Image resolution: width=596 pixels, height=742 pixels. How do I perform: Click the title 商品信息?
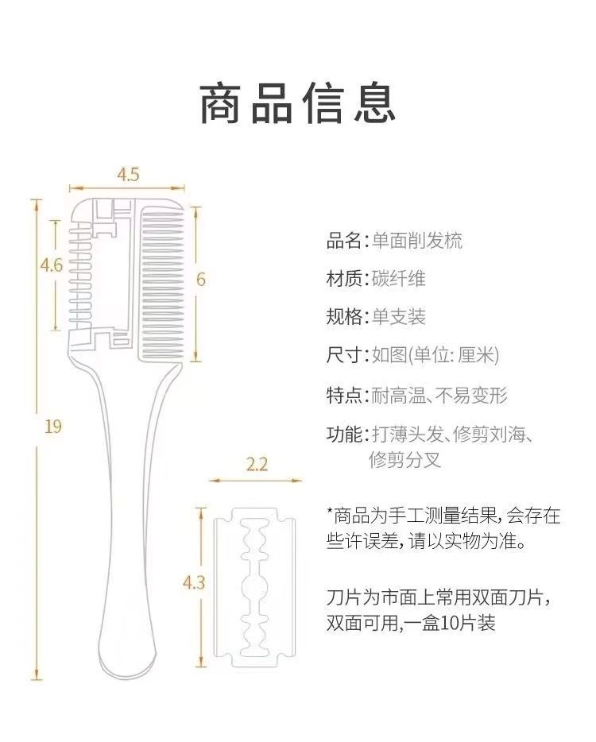click(x=297, y=103)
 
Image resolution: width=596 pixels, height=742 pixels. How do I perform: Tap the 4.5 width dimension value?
click(x=128, y=175)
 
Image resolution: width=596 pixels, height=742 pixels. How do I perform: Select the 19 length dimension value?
click(x=53, y=427)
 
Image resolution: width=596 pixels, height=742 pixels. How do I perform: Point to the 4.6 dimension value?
click(x=52, y=265)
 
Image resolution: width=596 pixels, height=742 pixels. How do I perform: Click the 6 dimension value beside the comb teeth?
click(x=201, y=279)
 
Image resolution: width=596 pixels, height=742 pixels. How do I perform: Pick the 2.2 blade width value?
click(x=257, y=464)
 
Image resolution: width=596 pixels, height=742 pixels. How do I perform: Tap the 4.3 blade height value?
click(x=194, y=582)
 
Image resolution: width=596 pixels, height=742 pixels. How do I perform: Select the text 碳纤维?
click(x=399, y=278)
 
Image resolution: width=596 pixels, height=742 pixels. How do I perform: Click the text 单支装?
click(x=399, y=316)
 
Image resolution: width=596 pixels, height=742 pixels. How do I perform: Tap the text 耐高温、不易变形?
click(x=439, y=395)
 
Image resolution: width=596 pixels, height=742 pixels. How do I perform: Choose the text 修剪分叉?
click(x=405, y=459)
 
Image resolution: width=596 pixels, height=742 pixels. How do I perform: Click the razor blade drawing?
click(x=254, y=588)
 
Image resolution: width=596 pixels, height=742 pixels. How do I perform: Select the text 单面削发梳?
click(x=416, y=241)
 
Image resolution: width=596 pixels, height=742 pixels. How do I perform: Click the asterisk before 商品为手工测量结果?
click(x=330, y=511)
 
